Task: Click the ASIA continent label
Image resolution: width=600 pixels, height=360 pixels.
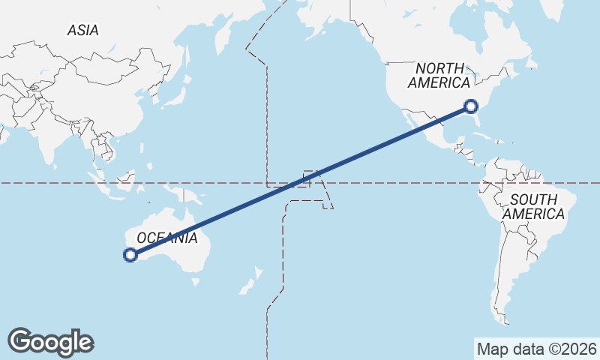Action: pyautogui.click(x=82, y=31)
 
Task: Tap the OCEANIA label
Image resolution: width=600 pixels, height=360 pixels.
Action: pyautogui.click(x=167, y=238)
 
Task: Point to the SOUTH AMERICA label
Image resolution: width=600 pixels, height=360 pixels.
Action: pyautogui.click(x=533, y=207)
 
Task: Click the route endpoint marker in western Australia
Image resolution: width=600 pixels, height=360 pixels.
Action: pyautogui.click(x=130, y=255)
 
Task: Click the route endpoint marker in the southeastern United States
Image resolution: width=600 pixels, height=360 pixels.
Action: pyautogui.click(x=471, y=106)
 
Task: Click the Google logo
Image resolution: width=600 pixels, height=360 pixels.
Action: pyautogui.click(x=50, y=342)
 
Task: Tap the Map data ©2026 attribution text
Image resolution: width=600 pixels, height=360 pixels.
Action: pyautogui.click(x=536, y=349)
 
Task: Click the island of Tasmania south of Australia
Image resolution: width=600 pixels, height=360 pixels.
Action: pyautogui.click(x=196, y=282)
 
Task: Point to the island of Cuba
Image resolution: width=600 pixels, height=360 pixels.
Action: pyautogui.click(x=486, y=139)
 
